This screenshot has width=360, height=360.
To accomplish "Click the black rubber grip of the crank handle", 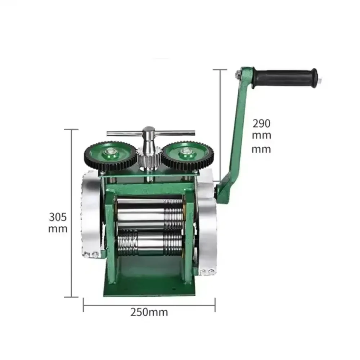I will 284,78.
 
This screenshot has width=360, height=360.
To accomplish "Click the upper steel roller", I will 148,214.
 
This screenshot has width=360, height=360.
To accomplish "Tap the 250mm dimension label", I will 149,312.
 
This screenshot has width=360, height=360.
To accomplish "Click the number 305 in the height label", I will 58,217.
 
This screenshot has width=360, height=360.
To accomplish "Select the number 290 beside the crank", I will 261,123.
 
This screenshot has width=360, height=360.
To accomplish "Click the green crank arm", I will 237,133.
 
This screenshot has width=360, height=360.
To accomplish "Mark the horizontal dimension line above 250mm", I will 149,304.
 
